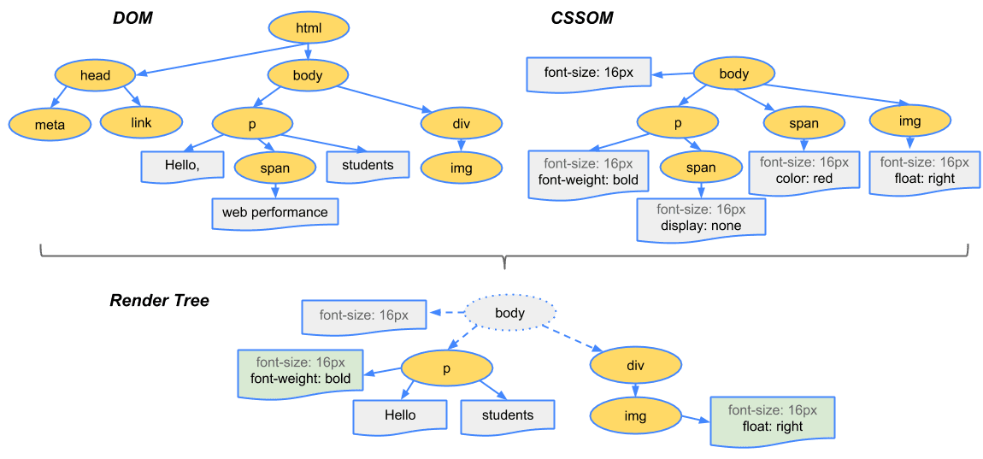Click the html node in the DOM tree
point(308,29)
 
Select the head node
point(95,75)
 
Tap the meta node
point(50,124)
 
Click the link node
point(141,122)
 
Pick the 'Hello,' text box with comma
point(182,166)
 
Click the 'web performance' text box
point(274,212)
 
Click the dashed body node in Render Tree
point(509,313)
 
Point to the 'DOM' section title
point(132,18)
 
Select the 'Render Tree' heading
point(159,301)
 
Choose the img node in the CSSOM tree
point(909,121)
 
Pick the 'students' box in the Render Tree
point(507,415)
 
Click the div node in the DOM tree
point(461,124)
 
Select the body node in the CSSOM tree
point(733,74)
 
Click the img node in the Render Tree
point(635,416)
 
